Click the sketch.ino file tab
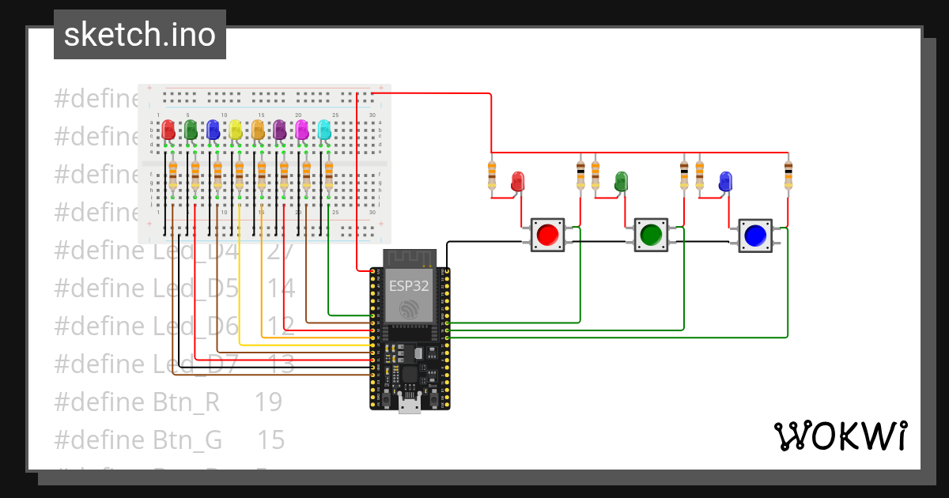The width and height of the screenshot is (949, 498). tap(139, 35)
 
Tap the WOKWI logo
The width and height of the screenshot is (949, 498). tap(839, 436)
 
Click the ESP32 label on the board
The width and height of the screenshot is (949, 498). tap(408, 285)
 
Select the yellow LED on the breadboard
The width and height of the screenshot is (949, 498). tap(236, 130)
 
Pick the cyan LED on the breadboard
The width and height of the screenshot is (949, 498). tap(324, 130)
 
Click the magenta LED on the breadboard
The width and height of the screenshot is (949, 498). tap(302, 130)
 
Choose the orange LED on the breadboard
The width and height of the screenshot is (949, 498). tap(258, 130)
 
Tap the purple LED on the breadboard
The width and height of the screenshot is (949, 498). tap(280, 130)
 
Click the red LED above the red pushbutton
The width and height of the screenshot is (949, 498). tap(518, 180)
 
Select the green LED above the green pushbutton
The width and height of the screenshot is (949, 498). tap(622, 180)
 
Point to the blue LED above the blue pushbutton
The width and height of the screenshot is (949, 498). tap(725, 181)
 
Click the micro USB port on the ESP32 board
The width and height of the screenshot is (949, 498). tap(410, 406)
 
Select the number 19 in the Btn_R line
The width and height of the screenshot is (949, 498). tap(268, 402)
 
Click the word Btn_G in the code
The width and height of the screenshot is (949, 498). tap(187, 440)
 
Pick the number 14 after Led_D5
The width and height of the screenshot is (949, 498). tap(281, 289)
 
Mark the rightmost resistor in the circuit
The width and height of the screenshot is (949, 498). tap(788, 175)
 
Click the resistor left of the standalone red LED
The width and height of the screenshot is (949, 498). tap(492, 175)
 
